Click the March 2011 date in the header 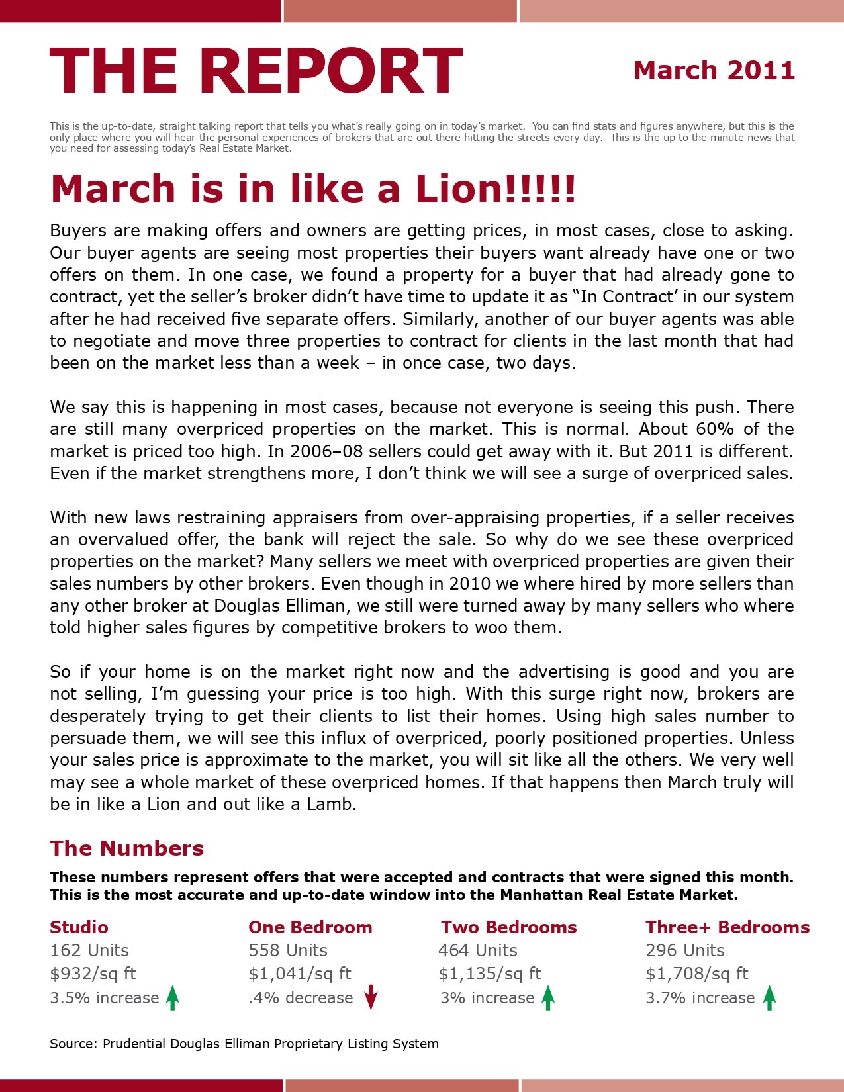click(x=714, y=71)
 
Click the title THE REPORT click(x=256, y=71)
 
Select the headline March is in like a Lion click(x=313, y=189)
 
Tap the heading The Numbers click(x=126, y=848)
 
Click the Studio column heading click(x=79, y=927)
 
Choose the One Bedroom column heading click(x=310, y=927)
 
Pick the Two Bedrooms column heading click(x=508, y=927)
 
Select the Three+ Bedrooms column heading click(x=727, y=927)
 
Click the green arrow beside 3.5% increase click(x=173, y=997)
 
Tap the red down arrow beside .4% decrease click(x=371, y=997)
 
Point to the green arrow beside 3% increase click(x=548, y=997)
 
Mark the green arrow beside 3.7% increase click(x=769, y=997)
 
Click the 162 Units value click(x=89, y=951)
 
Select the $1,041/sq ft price click(x=300, y=974)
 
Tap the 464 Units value click(x=477, y=951)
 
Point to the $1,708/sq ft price click(x=697, y=974)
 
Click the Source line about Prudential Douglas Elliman click(x=244, y=1044)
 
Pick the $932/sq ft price click(x=93, y=974)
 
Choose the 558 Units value click(x=288, y=951)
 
